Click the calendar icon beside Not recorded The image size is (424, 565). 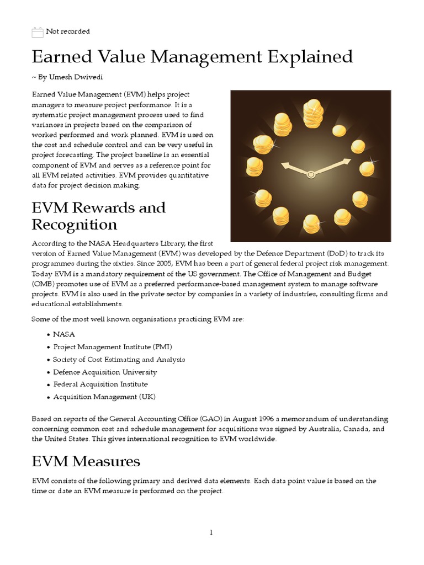[x=38, y=33]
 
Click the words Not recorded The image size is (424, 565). [x=68, y=32]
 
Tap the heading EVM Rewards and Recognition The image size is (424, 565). [x=98, y=216]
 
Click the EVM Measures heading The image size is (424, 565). [x=86, y=461]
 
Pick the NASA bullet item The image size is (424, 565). [x=64, y=334]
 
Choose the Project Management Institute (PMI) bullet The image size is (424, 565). [x=113, y=347]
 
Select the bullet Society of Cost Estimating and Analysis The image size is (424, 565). [x=119, y=359]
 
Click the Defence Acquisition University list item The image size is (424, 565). [x=105, y=372]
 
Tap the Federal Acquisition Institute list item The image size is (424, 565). [x=100, y=384]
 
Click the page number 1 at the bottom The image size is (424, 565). [x=211, y=532]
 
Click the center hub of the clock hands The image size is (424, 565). [x=311, y=174]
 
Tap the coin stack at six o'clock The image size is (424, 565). [x=312, y=223]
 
